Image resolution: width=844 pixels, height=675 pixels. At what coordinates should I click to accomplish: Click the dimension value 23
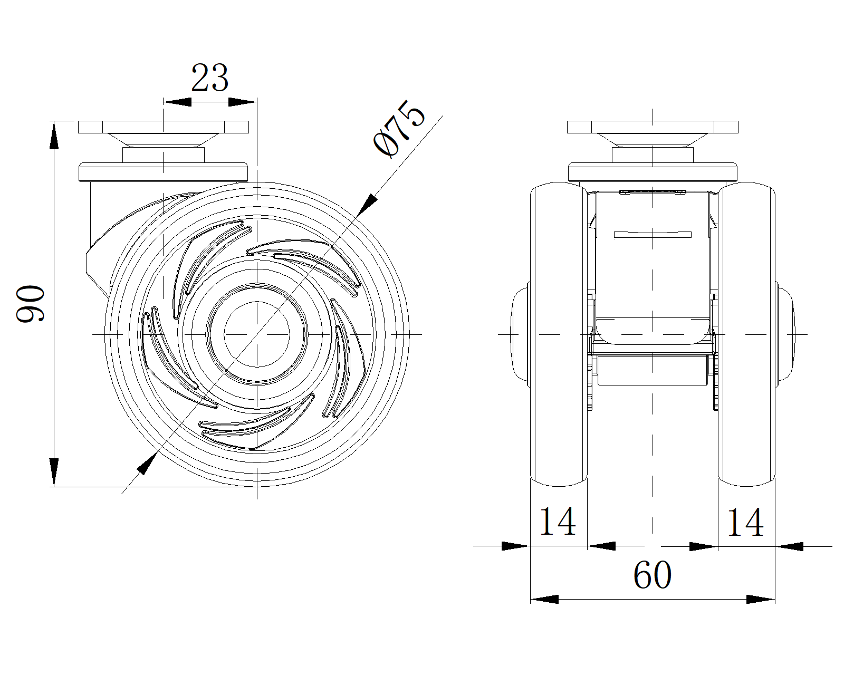coord(209,78)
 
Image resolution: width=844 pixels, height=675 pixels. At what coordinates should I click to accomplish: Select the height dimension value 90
coord(31,304)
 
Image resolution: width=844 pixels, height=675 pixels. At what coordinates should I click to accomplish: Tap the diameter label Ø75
coord(399,129)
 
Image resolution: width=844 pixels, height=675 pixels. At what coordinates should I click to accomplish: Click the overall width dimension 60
coord(652,575)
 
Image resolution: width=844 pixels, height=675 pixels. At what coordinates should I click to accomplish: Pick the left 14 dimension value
coord(558,521)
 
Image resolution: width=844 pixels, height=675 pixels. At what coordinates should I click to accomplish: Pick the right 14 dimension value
coord(745,522)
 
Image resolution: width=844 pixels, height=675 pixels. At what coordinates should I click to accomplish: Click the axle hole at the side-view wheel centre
coord(257,334)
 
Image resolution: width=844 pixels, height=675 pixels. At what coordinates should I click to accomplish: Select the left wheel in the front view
coord(559,334)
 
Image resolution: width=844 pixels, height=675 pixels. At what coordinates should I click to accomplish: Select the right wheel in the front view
coord(747,334)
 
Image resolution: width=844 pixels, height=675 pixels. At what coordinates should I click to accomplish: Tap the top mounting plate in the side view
coord(163,127)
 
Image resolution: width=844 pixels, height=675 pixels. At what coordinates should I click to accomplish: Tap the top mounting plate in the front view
coord(653,127)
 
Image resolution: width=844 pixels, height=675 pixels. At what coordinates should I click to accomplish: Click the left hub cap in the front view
coord(521,334)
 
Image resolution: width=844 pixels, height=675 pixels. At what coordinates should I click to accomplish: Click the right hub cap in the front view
coord(785,334)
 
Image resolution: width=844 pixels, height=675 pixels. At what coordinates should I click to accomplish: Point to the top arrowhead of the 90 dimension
coord(54,135)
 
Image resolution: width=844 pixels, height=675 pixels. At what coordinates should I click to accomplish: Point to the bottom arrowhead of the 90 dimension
coord(54,472)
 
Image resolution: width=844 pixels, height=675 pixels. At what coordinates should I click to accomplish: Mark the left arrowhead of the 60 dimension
coord(544,599)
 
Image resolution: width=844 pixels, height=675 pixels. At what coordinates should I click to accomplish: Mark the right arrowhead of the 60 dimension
coord(761,599)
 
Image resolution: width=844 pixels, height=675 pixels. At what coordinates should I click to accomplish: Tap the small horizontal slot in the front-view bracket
coord(653,235)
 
